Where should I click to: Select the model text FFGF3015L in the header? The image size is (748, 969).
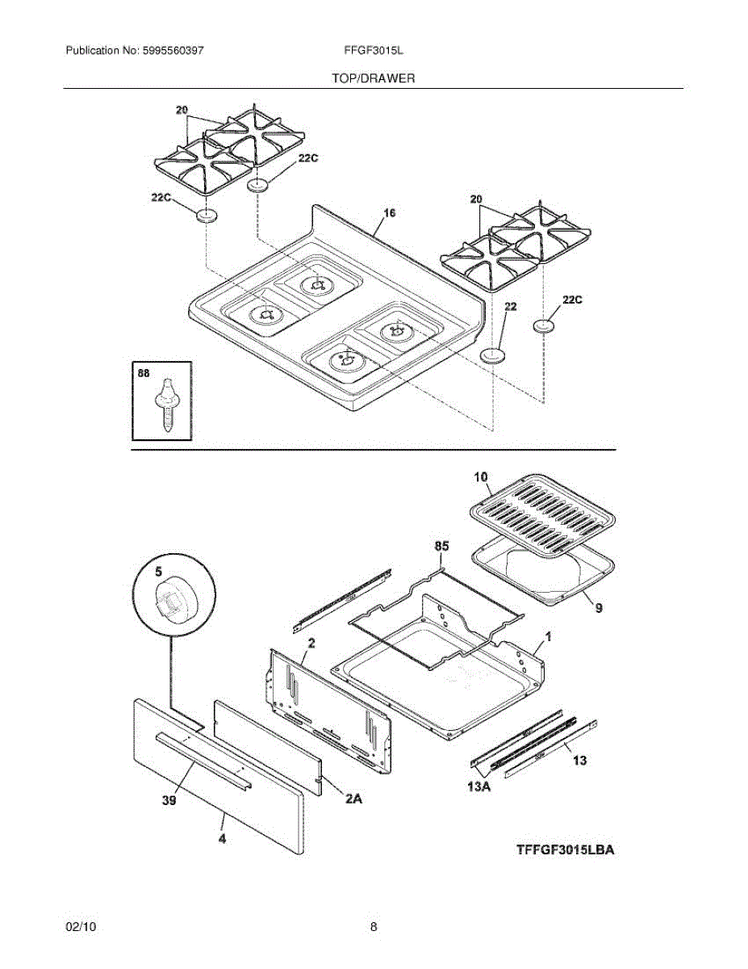374,50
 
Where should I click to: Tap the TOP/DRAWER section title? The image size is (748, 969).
374,78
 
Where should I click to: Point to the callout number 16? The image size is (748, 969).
390,213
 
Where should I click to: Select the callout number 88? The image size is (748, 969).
144,373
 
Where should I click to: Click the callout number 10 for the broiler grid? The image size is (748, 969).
481,478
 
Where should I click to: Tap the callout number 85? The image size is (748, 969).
441,547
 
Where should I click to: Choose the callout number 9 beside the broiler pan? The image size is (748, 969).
598,609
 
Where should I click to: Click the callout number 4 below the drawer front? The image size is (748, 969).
221,840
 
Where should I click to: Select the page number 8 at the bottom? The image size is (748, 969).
374,927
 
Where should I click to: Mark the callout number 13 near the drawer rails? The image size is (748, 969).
579,760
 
